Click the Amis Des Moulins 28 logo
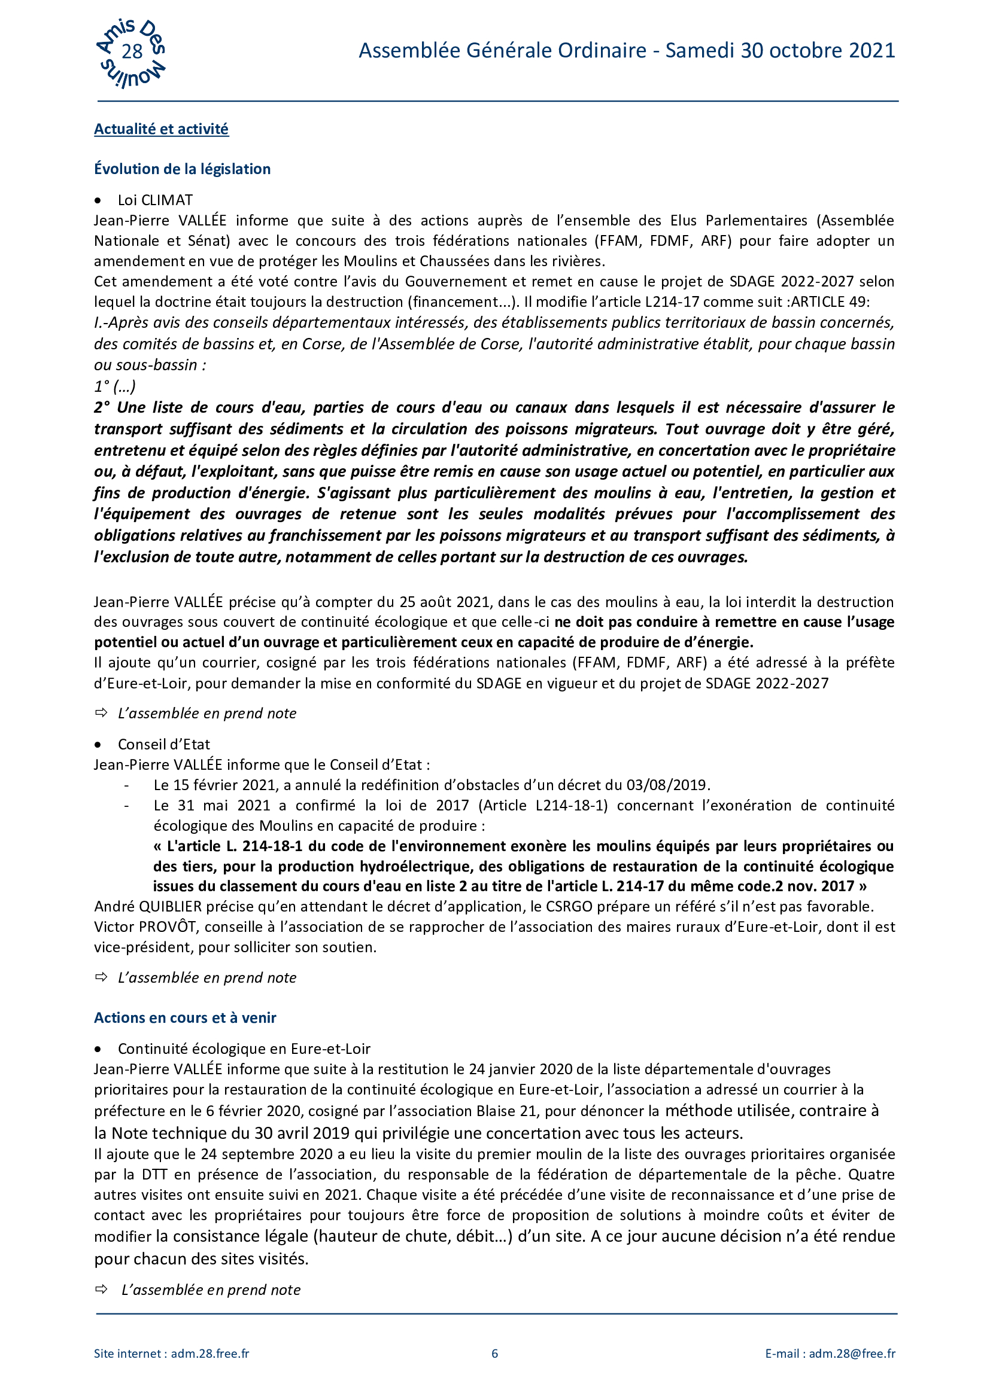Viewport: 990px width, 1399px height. (131, 53)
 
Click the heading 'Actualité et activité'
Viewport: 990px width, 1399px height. (161, 129)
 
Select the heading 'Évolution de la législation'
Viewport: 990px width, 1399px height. (182, 169)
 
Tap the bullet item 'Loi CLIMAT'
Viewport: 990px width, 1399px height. (155, 200)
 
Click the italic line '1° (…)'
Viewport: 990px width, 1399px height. (114, 386)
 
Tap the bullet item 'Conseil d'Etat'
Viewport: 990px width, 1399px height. (163, 744)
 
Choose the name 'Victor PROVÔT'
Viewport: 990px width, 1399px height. (145, 926)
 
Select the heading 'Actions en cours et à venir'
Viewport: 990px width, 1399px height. (185, 1017)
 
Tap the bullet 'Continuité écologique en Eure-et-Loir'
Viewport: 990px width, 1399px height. (244, 1049)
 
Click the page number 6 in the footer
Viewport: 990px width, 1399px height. (494, 1354)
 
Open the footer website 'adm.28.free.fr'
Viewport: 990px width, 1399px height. (209, 1354)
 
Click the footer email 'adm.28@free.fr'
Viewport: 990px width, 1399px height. (852, 1354)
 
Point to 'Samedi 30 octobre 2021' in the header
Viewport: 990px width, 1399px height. (780, 51)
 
